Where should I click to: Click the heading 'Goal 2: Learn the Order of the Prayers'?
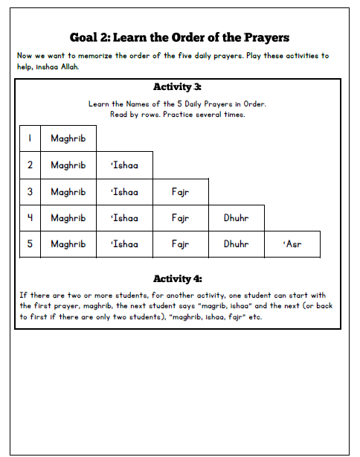coord(179,37)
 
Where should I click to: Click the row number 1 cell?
coord(30,138)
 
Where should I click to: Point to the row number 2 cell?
coord(30,165)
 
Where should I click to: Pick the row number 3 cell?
coord(30,192)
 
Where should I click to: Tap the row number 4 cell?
coord(30,219)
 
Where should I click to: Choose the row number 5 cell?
coord(30,244)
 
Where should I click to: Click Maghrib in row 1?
coord(68,138)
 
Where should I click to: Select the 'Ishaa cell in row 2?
coord(124,165)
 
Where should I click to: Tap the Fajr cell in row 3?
coord(180,192)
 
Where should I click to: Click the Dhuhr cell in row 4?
coord(236,219)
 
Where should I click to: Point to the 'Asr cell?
coord(293,244)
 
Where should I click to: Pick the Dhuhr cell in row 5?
coord(236,244)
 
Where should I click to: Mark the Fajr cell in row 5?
coord(180,244)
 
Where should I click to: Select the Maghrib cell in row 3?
coord(68,192)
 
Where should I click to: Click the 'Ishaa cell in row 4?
coord(124,219)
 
